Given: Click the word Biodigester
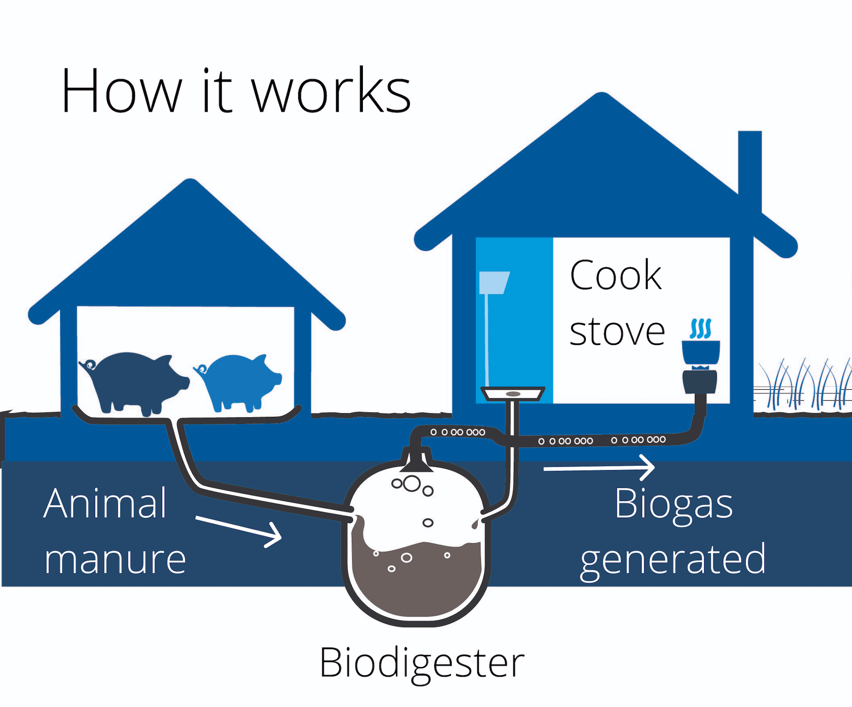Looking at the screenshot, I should click(x=422, y=663).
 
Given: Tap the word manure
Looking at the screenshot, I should click(x=115, y=559).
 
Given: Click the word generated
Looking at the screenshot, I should click(x=673, y=560).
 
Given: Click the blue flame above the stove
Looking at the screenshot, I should click(x=700, y=328).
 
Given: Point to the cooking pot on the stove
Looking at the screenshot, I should click(x=700, y=352).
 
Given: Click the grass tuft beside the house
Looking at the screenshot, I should click(x=804, y=385).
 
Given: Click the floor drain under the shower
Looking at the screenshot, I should click(x=513, y=394).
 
